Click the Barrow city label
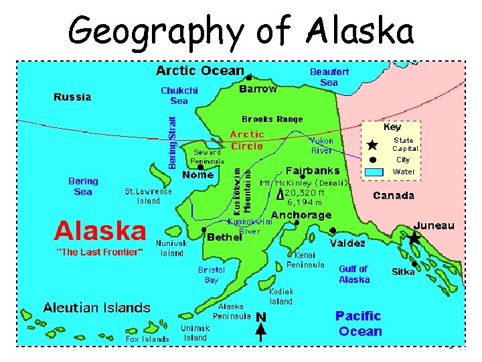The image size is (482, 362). tap(258, 88)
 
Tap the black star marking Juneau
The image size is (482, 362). tap(414, 238)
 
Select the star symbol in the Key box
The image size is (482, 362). tap(373, 145)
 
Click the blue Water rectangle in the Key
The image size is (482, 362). tap(374, 172)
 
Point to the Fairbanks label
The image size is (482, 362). tap(313, 171)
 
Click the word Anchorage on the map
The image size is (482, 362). tap(301, 215)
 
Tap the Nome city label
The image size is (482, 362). tap(197, 175)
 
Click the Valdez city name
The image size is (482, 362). tap(347, 243)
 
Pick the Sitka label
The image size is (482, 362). tap(403, 271)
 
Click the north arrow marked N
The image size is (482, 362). tap(260, 322)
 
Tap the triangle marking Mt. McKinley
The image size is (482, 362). tap(280, 195)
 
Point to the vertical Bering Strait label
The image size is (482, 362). tap(172, 143)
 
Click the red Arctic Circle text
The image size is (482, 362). tap(247, 140)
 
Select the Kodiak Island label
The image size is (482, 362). tap(281, 296)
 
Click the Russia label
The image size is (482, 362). tap(72, 97)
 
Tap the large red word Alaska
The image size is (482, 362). tap(100, 231)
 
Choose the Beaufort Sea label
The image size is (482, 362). tap(329, 76)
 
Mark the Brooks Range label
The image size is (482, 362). tap(272, 119)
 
